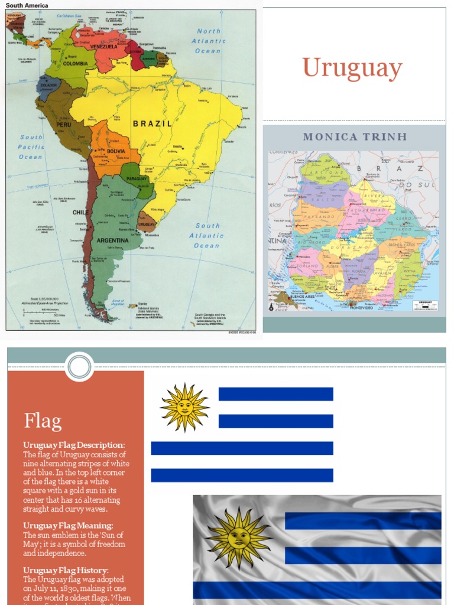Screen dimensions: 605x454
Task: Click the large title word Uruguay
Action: coord(352,69)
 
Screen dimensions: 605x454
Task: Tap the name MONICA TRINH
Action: coord(355,137)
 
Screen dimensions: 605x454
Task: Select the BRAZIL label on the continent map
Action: coord(152,123)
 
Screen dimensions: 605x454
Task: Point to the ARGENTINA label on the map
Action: coord(112,240)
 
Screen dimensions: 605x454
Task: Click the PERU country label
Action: coord(64,125)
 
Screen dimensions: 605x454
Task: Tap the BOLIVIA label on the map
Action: coord(116,151)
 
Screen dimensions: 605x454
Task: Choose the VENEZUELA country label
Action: coord(103,46)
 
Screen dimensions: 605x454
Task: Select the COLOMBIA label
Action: coord(76,63)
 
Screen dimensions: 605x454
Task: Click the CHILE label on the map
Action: coord(81,212)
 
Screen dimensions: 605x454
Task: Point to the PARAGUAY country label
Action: coord(137,178)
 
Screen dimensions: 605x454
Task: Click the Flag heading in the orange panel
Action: coord(43,421)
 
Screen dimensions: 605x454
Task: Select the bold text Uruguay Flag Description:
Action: coord(74,445)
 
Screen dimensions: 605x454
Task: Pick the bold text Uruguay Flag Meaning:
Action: coord(68,525)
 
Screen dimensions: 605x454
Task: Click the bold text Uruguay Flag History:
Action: coord(66,570)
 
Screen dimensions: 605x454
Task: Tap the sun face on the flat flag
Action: coord(184,407)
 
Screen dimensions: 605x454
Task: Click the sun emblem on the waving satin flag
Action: coord(239,537)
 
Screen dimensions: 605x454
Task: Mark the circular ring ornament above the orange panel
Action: coord(79,367)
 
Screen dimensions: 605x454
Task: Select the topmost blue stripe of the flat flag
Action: coord(275,394)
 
